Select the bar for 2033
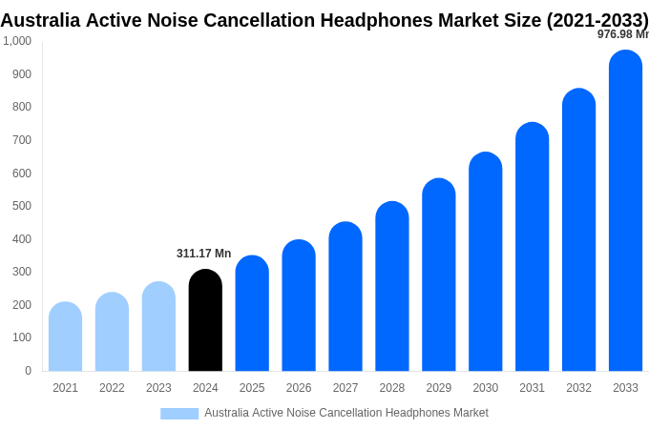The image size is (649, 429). pyautogui.click(x=625, y=211)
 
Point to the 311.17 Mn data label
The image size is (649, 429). pyautogui.click(x=203, y=254)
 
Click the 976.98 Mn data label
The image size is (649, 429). pyautogui.click(x=622, y=34)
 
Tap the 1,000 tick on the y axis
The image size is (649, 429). pyautogui.click(x=17, y=41)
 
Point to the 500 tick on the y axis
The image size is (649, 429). pyautogui.click(x=21, y=206)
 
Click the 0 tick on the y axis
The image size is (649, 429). pyautogui.click(x=28, y=371)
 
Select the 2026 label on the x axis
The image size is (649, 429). pyautogui.click(x=299, y=388)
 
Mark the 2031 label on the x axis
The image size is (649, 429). pyautogui.click(x=532, y=388)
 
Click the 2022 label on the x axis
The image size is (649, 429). pyautogui.click(x=112, y=388)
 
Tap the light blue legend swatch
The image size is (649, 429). pyautogui.click(x=179, y=414)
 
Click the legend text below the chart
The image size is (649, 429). pyautogui.click(x=345, y=413)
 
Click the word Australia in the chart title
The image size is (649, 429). pyautogui.click(x=39, y=20)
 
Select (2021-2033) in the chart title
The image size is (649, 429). pyautogui.click(x=597, y=20)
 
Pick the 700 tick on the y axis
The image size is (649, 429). pyautogui.click(x=21, y=140)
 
